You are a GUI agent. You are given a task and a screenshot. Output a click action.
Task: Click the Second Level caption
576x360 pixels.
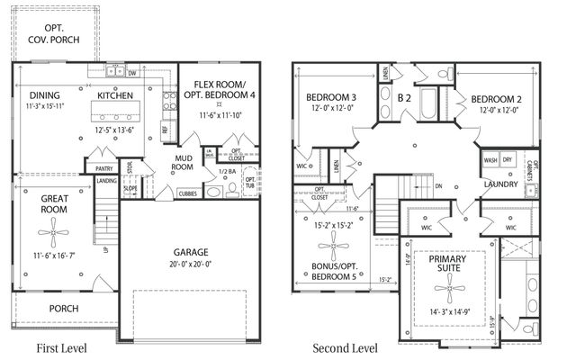(345, 347)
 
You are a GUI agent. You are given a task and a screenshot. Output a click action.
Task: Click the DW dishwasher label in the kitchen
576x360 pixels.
(132, 74)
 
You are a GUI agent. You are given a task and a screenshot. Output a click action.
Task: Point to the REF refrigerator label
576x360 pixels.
(165, 129)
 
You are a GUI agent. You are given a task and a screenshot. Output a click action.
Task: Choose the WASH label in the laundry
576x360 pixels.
(490, 159)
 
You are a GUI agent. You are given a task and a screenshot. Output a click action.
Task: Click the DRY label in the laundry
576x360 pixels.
(508, 159)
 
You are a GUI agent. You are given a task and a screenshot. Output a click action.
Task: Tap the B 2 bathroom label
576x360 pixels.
(405, 96)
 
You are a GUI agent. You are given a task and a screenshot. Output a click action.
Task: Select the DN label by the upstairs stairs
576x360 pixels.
(438, 186)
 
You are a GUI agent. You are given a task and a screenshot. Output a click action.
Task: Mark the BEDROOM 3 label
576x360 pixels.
(330, 96)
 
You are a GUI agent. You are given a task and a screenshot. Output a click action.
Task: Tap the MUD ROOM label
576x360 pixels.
(184, 162)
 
